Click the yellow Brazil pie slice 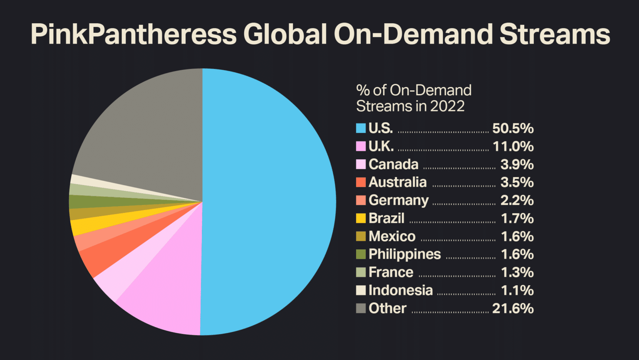(81, 227)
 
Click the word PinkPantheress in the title (134, 34)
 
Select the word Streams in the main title (555, 34)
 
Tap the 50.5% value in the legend (513, 128)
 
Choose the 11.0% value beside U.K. (513, 146)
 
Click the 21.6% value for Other (513, 308)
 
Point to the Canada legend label (393, 164)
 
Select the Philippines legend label (404, 254)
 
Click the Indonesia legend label (400, 290)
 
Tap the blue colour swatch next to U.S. (361, 128)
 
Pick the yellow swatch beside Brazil (361, 218)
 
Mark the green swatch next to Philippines (361, 254)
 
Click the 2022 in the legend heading (447, 106)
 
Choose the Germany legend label (398, 200)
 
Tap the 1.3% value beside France (517, 272)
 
